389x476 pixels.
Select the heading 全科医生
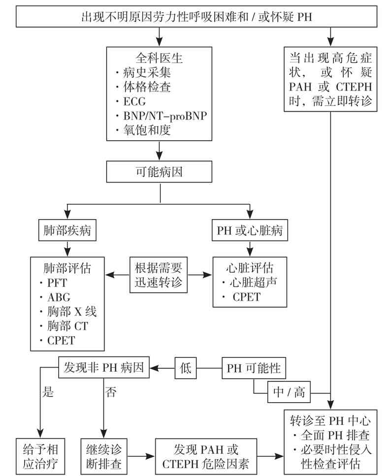pos(159,58)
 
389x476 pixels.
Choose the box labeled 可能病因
pos(159,172)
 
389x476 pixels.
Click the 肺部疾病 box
pos(67,230)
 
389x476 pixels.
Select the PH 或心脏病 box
pos(250,230)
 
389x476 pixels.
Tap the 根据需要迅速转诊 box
pos(159,275)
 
